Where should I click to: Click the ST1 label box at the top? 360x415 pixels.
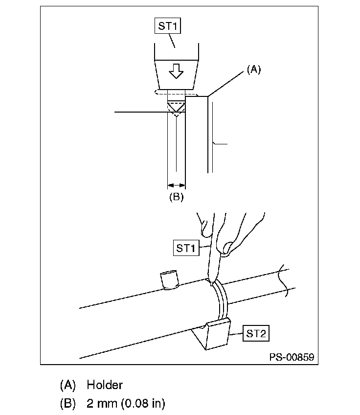click(x=168, y=26)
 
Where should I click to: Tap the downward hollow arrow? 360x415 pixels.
click(x=176, y=71)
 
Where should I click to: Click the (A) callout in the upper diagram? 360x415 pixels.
click(x=254, y=69)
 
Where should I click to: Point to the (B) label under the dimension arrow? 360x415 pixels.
click(x=177, y=197)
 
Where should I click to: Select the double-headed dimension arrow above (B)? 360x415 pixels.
click(x=177, y=185)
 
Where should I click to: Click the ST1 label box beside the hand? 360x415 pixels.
click(x=186, y=248)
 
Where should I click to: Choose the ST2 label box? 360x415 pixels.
click(x=256, y=333)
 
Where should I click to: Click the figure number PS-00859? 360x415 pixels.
click(x=292, y=357)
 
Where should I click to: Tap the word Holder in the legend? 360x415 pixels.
click(x=105, y=385)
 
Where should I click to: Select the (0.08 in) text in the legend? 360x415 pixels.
click(x=143, y=403)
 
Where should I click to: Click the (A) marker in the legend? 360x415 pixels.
click(x=68, y=385)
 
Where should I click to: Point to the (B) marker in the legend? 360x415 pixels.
click(x=68, y=404)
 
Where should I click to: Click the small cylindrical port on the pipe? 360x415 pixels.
click(x=169, y=280)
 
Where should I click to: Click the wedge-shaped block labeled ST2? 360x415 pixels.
click(x=211, y=334)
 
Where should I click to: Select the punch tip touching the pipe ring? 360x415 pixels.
click(x=211, y=283)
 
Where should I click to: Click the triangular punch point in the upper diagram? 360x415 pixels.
click(x=176, y=107)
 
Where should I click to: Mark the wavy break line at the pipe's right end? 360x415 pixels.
click(x=283, y=280)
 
